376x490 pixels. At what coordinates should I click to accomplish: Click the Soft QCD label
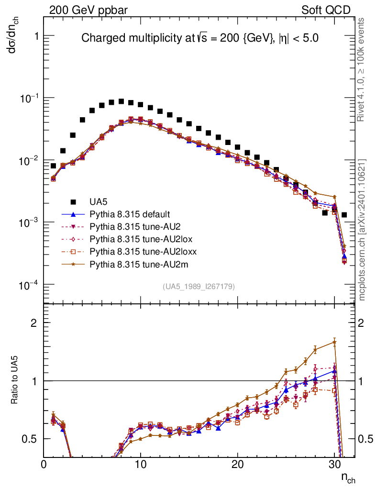coord(325,10)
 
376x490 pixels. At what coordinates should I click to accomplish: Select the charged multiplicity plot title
coord(200,38)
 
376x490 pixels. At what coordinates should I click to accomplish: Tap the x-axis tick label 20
coord(237,464)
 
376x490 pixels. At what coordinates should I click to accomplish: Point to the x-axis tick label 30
coord(333,464)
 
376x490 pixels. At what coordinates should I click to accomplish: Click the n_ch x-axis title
coord(348,477)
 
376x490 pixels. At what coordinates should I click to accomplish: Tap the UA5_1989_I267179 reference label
coord(199,287)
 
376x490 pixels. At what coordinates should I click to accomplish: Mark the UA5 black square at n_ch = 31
coord(344,215)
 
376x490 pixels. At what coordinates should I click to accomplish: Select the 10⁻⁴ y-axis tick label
coord(28,286)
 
